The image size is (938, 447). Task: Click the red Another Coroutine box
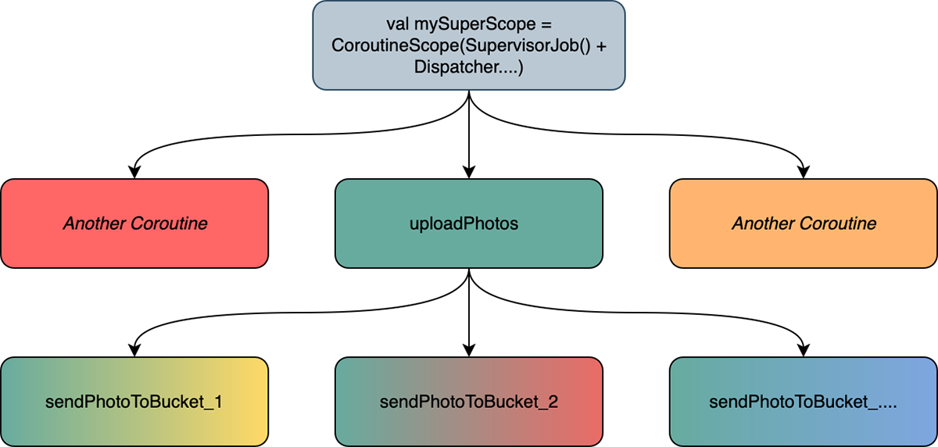134,223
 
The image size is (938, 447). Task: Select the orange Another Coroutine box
804,223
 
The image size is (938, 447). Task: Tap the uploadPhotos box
469,223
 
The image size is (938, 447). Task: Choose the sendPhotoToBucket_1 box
134,402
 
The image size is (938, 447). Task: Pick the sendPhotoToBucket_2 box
469,402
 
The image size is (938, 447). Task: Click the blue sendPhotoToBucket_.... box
804,402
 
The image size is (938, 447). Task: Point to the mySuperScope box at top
469,45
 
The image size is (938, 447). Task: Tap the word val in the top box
398,24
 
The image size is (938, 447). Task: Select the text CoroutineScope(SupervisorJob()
460,45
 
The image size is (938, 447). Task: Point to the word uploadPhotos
464,223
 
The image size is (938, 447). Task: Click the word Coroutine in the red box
170,223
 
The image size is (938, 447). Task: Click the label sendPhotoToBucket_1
134,402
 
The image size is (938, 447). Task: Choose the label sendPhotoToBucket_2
469,402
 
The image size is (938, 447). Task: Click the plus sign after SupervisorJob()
600,45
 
